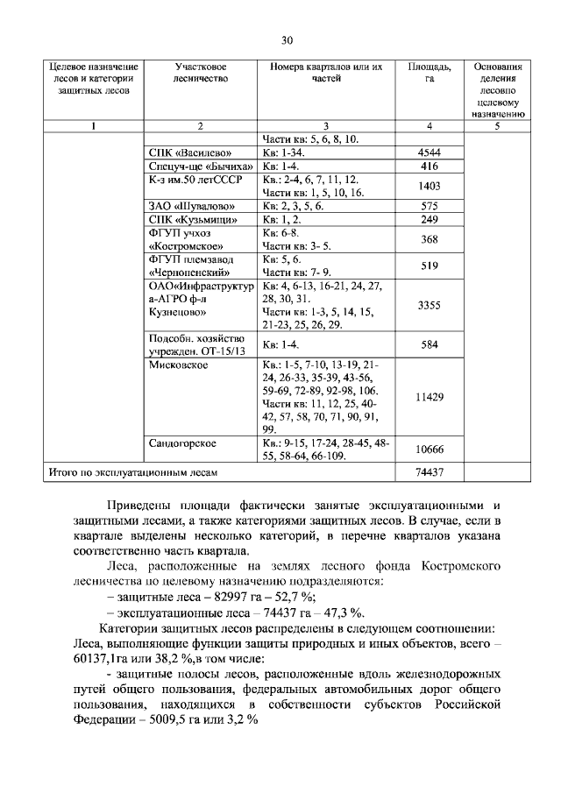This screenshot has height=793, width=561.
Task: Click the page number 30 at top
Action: [x=286, y=40]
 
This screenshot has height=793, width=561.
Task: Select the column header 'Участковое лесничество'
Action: [x=201, y=73]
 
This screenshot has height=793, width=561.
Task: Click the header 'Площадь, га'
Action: [x=430, y=73]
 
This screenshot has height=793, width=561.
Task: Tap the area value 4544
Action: [x=430, y=152]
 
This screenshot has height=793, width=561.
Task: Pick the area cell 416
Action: [x=430, y=166]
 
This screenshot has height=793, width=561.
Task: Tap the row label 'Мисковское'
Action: [x=179, y=365]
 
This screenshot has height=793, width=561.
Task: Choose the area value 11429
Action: [x=430, y=397]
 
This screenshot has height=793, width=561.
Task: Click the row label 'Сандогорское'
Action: [x=183, y=443]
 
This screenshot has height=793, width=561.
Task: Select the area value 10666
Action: [x=430, y=450]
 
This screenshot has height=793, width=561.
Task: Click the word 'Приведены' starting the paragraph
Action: [x=137, y=506]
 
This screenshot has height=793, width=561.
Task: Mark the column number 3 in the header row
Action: [x=325, y=126]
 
